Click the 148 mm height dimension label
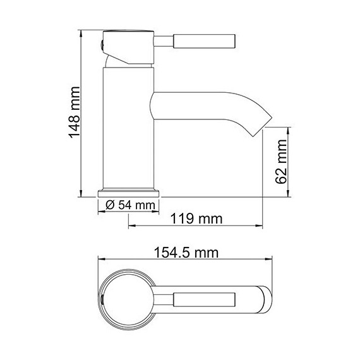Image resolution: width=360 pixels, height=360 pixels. [73, 112]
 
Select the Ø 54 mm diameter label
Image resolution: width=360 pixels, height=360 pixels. [129, 205]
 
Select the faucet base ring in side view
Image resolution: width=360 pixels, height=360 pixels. [129, 192]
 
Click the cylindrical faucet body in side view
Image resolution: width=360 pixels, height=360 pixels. [128, 126]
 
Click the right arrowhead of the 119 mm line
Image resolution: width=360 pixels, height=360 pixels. [261, 225]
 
